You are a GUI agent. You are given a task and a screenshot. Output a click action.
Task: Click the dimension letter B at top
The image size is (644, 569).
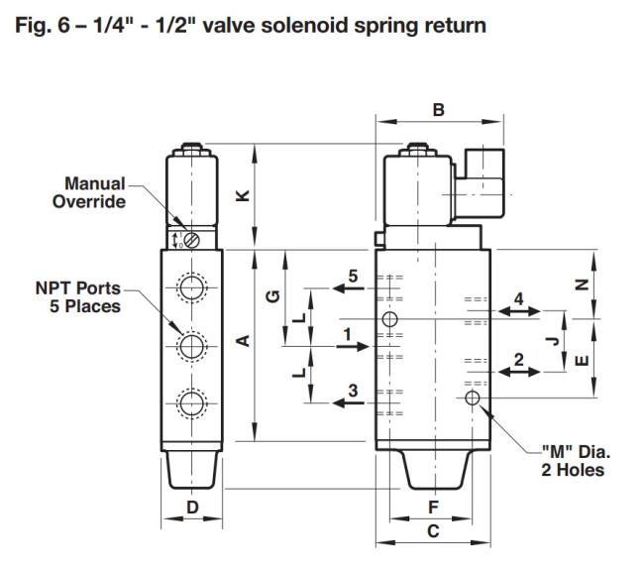[x=439, y=110]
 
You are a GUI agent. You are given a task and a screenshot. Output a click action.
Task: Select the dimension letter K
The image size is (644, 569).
[x=244, y=195]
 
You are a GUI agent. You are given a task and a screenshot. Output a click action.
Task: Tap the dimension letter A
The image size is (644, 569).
[x=244, y=341]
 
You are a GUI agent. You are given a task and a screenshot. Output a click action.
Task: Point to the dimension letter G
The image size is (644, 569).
[x=273, y=295]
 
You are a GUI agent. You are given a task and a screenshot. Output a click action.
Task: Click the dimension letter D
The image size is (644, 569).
[x=192, y=508]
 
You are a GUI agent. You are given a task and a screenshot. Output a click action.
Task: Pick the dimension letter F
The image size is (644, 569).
[x=433, y=508]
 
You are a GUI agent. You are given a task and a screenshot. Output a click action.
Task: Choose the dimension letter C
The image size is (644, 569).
[x=433, y=531]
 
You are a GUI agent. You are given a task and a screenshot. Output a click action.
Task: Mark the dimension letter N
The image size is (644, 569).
[x=582, y=284]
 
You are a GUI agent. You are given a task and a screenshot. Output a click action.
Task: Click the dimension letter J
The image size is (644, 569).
[x=554, y=341]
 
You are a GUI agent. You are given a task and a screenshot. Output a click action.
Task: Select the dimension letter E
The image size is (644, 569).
[x=582, y=360]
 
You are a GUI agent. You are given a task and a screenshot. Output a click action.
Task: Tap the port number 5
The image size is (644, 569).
[x=354, y=277]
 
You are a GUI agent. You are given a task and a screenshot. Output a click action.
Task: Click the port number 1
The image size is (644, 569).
[x=348, y=334]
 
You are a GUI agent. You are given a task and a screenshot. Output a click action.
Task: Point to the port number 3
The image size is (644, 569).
[x=354, y=391]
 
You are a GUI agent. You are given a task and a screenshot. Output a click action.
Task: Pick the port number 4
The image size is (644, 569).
[x=519, y=298]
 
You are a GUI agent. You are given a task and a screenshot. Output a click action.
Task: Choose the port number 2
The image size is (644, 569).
[x=519, y=360]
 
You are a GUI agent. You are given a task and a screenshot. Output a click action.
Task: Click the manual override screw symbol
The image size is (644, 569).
[x=192, y=240]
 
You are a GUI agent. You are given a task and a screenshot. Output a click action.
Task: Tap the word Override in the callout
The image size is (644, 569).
[x=89, y=201]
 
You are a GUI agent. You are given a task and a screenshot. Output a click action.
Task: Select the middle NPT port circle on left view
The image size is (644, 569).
[x=192, y=346]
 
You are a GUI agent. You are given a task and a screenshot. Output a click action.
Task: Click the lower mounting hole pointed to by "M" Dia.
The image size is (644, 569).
[x=473, y=398]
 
